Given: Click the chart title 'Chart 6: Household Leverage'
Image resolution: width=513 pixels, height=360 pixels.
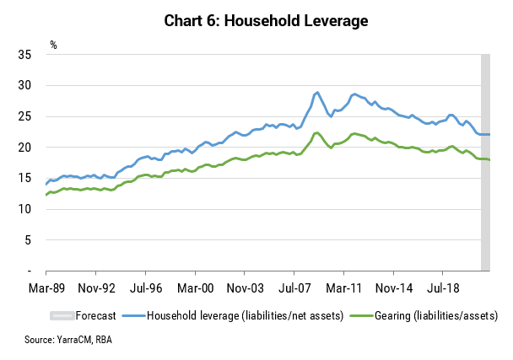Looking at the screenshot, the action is [266, 20].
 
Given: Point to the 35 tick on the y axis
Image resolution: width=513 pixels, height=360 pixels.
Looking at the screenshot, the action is [24, 55].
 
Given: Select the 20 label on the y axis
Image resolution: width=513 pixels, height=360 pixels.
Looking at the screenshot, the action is [24, 148].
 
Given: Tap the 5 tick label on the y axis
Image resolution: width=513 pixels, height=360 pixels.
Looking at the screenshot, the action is [28, 240].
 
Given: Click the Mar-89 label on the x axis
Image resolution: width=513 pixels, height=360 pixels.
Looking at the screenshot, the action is [46, 288].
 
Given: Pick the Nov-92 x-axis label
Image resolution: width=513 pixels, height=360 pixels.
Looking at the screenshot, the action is [97, 288].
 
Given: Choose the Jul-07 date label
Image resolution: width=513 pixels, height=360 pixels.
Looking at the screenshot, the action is [294, 288].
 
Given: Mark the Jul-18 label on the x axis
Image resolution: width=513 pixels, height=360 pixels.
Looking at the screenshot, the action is [443, 288].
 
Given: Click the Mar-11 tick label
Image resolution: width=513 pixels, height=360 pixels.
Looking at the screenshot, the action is [344, 288].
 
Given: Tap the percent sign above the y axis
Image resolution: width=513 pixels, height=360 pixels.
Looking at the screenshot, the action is [54, 45].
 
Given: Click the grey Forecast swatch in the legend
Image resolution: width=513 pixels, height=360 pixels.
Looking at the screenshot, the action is [62, 315].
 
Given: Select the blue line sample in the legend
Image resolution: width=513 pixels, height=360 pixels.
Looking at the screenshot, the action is [133, 316].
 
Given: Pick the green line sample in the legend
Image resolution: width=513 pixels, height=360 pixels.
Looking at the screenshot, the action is [361, 316].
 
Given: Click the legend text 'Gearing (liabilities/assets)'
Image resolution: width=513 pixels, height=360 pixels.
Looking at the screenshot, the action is [436, 316].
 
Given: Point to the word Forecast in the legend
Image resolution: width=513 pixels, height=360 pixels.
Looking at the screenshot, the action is [95, 315].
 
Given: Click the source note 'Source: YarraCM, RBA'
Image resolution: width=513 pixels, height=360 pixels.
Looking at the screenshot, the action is [68, 340].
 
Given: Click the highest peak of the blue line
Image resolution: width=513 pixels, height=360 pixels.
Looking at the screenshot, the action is [317, 93].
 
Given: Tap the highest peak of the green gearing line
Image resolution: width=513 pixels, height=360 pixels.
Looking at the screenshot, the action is [316, 132].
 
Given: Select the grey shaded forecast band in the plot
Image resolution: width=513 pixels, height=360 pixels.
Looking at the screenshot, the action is [485, 163].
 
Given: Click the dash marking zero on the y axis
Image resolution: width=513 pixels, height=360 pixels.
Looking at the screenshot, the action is [30, 271].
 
